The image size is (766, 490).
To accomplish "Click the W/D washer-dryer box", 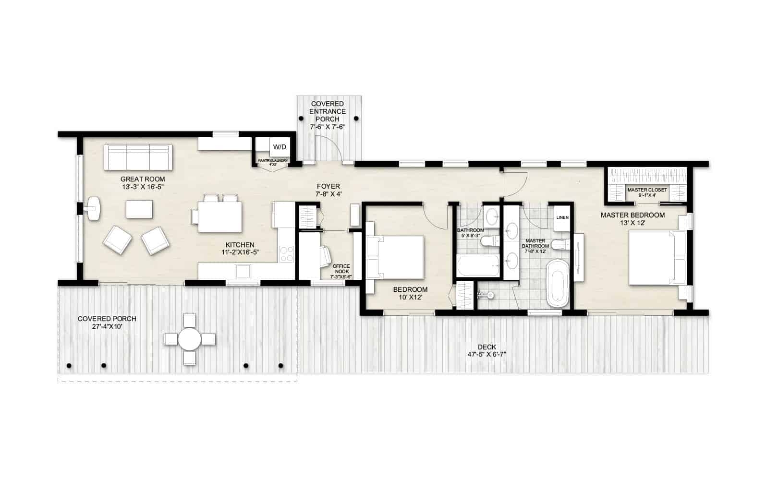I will coord(279,146).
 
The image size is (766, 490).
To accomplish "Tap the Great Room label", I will coord(143,179).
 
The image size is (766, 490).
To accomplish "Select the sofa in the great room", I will coord(138,157).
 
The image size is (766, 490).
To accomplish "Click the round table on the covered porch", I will coord(190,339).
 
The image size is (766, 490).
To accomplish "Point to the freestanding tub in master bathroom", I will coord(558,283).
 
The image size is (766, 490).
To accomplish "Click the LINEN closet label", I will coord(562,217).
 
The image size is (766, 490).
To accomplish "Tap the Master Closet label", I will coord(647,190).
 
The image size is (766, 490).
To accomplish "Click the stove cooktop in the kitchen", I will coord(287,254).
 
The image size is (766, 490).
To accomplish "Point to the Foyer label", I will coord(328,186).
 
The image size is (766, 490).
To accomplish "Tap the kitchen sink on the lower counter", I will coord(243,272).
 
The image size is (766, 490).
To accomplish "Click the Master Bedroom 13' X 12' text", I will coord(632,219).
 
